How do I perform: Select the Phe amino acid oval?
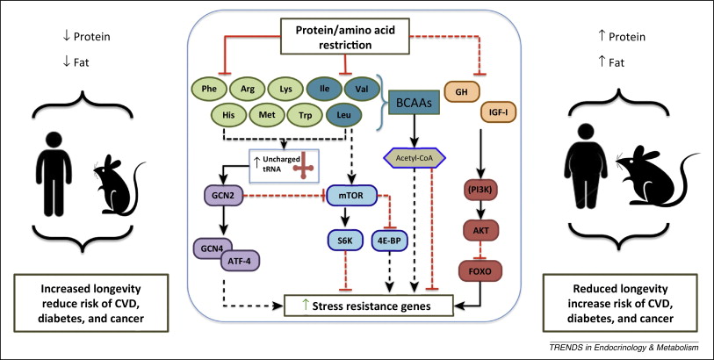pos(210,89)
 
